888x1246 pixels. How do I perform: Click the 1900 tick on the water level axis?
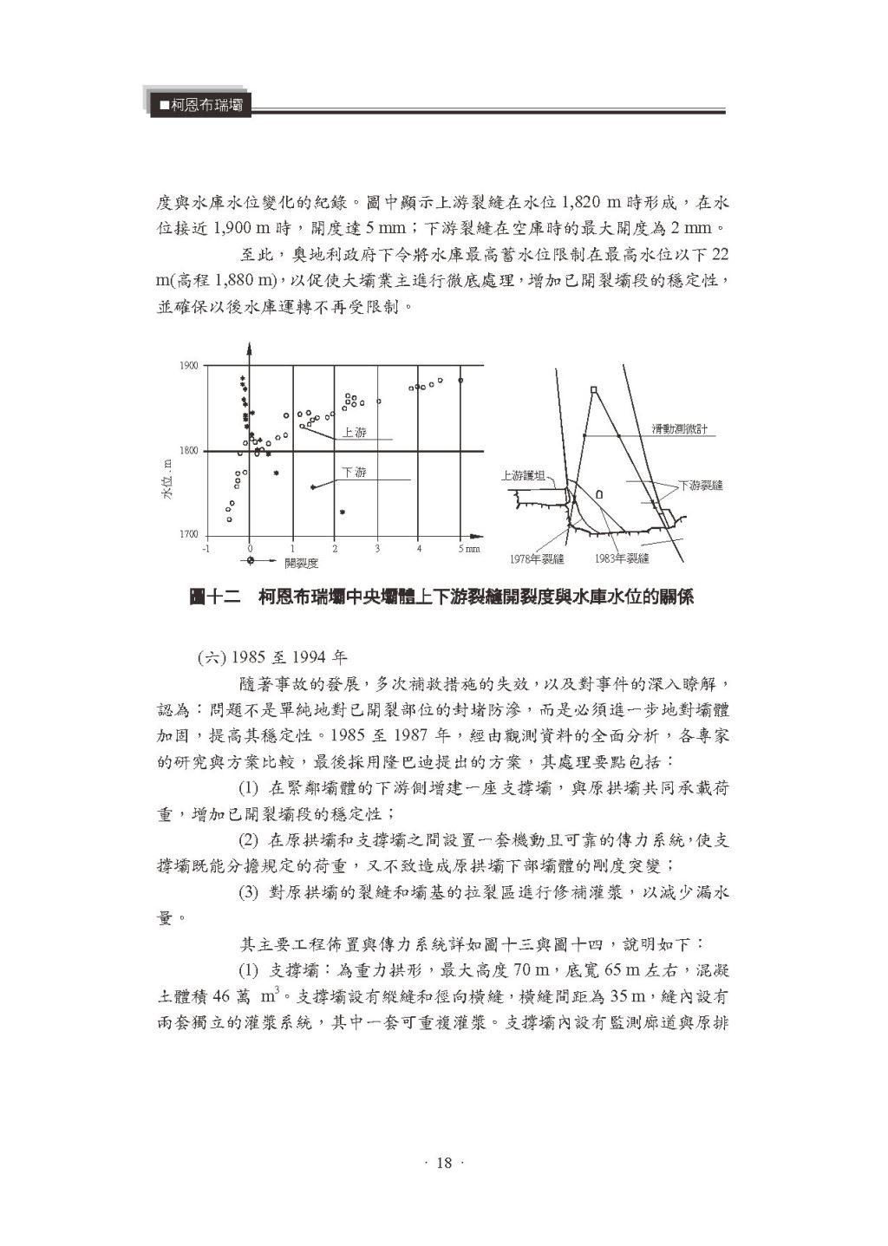click(188, 366)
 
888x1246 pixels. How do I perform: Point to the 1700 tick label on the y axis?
click(188, 535)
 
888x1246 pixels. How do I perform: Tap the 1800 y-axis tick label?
click(188, 451)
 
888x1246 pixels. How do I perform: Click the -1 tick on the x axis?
click(206, 548)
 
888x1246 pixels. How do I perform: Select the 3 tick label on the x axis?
click(377, 548)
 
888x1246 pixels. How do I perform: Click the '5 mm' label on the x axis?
click(467, 548)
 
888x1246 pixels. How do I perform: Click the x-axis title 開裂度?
click(301, 563)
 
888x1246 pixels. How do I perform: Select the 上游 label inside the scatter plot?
click(354, 432)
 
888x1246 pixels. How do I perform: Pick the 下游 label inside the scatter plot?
click(354, 473)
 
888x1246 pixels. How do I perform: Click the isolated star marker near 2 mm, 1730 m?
click(343, 512)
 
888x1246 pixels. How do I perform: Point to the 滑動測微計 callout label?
click(680, 429)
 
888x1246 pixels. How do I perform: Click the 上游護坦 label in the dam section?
click(525, 476)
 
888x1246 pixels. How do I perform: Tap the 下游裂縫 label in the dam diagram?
click(700, 486)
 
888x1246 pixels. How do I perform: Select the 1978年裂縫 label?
click(537, 558)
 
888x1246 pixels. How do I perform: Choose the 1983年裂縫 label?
click(622, 558)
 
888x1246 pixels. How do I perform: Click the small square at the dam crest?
click(593, 390)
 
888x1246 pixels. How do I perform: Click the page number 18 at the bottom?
click(444, 1163)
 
